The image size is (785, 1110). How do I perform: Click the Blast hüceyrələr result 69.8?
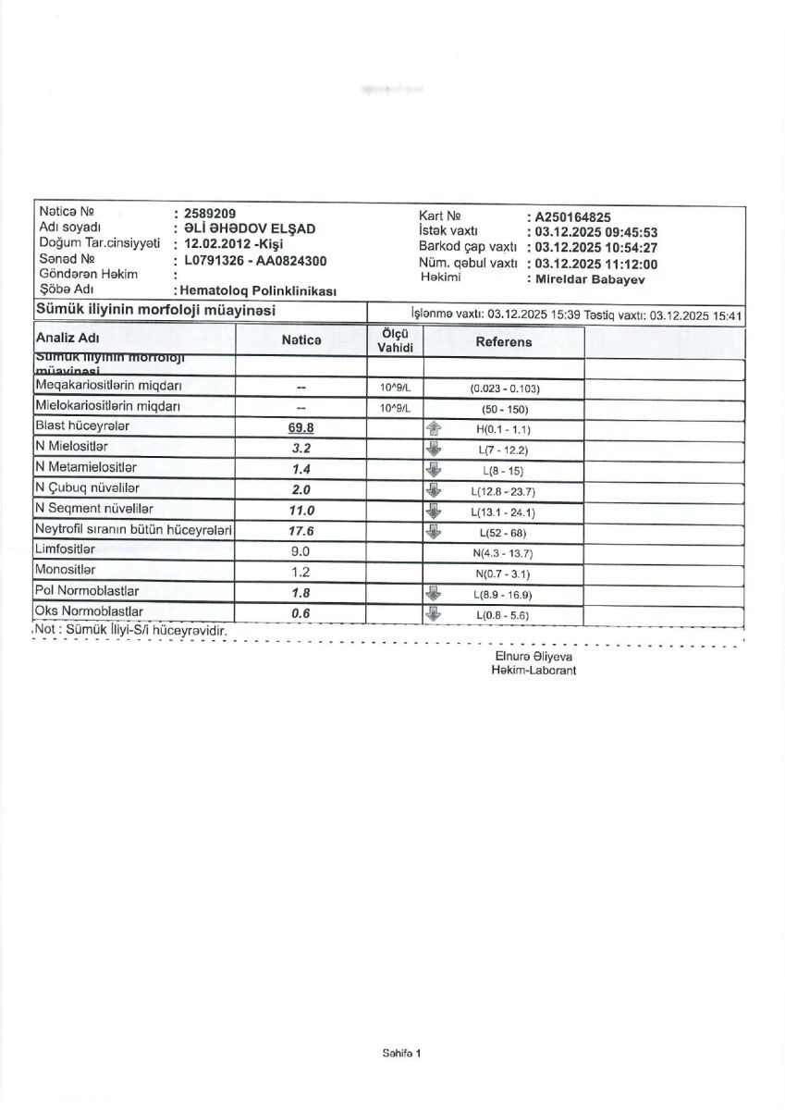(301, 427)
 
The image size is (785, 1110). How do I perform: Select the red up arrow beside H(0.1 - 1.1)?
(431, 428)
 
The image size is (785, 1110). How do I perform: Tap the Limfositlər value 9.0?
(301, 551)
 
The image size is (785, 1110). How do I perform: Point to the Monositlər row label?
(65, 570)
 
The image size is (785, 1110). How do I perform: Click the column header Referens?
(503, 341)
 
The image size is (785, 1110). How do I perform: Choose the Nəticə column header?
(301, 341)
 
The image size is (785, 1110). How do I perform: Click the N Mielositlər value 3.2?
(301, 448)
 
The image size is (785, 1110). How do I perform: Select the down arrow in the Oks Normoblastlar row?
(431, 612)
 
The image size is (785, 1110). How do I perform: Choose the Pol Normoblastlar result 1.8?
(301, 592)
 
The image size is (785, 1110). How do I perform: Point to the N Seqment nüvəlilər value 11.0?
(301, 510)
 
